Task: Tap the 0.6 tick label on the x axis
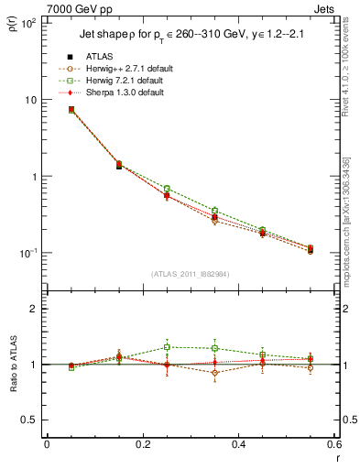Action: pos(333,443)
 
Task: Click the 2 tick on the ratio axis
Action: pos(34,309)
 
